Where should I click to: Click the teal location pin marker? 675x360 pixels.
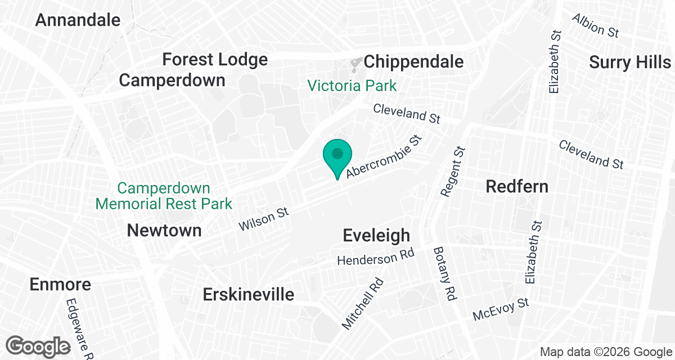337,155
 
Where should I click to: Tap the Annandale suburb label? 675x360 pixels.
78,20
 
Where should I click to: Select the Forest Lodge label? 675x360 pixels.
215,60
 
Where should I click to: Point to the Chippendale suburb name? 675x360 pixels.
413,62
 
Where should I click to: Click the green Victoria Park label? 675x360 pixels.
352,86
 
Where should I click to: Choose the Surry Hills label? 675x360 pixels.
630,62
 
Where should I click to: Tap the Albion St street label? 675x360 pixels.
595,25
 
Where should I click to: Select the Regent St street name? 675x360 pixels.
453,172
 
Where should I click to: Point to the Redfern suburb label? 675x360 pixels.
517,186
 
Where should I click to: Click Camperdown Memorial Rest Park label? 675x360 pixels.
164,196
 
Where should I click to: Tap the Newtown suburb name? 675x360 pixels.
164,230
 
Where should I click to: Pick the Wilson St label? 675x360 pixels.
263,219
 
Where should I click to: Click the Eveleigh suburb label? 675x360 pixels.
376,236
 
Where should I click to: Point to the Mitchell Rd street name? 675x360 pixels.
363,304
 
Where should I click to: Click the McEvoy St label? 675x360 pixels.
501,309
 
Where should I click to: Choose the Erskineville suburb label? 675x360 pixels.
248,294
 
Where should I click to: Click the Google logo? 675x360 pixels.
38,346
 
